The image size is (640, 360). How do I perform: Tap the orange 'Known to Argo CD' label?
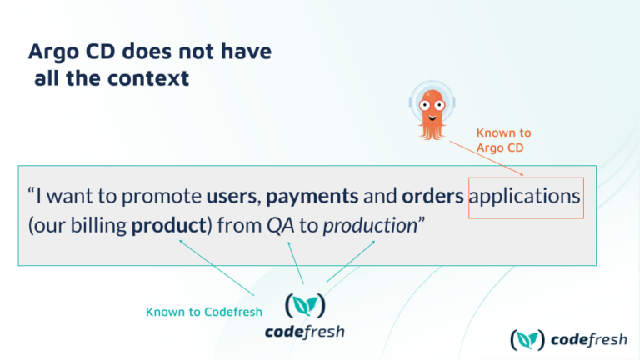click(x=503, y=140)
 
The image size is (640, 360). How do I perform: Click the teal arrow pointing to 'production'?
click(x=350, y=261)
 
